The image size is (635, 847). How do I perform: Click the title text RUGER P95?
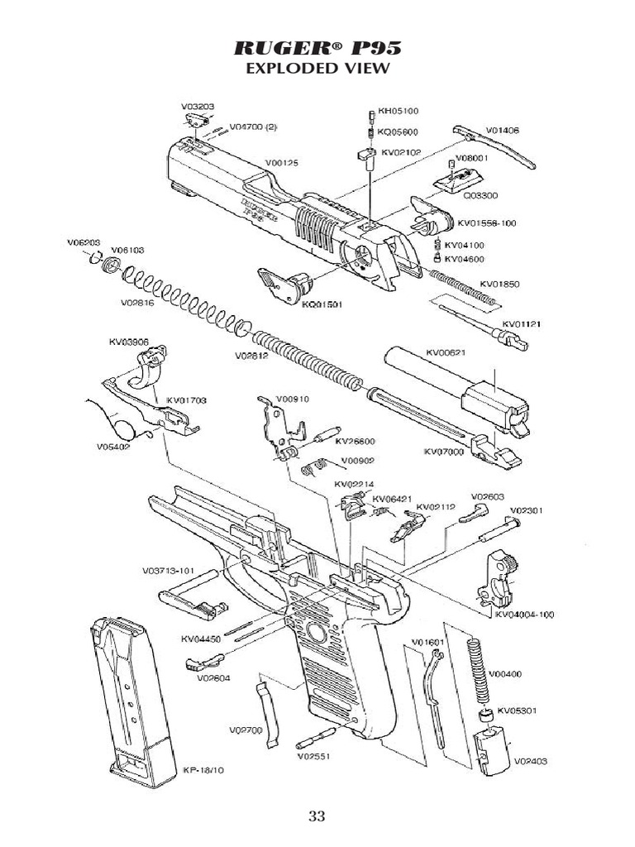tap(317, 47)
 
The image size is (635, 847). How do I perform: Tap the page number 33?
tap(317, 817)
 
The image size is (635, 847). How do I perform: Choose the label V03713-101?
tap(169, 571)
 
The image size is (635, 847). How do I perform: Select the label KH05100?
tap(399, 110)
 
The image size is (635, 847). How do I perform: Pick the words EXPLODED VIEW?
tap(317, 69)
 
